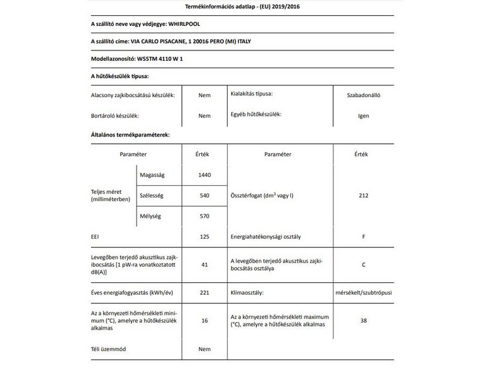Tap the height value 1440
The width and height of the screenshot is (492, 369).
click(205, 175)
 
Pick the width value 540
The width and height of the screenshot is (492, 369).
click(205, 196)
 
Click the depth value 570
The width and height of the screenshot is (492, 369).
click(205, 216)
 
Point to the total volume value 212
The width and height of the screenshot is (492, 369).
click(363, 196)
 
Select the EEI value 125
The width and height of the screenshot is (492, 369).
click(205, 236)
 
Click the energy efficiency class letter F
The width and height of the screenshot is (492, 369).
click(363, 236)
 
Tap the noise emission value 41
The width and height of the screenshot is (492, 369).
click(205, 264)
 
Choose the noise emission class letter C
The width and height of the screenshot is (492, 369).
click(363, 264)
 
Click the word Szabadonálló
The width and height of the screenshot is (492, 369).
click(363, 95)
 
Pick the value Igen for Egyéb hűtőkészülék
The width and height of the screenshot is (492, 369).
click(363, 115)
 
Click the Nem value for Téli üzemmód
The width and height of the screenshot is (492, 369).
click(205, 349)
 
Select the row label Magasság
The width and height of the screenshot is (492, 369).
click(152, 175)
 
